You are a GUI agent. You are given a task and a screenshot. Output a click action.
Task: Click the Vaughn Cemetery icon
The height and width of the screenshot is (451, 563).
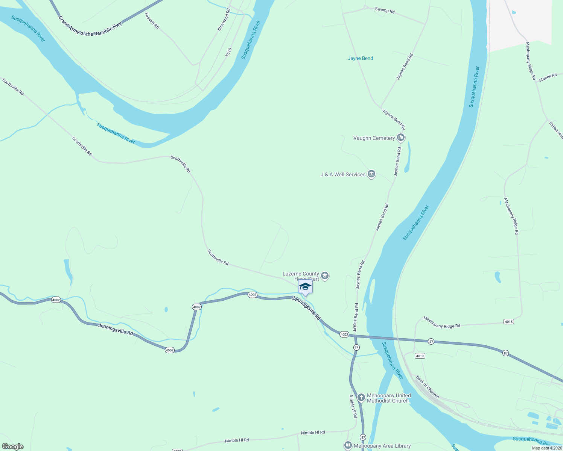401,138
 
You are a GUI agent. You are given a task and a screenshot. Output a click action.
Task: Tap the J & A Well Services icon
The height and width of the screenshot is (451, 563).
371,174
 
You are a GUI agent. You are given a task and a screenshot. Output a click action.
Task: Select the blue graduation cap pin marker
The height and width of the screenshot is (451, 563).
305,287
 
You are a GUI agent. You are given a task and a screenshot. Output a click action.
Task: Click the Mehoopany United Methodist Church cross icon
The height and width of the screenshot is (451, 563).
361,398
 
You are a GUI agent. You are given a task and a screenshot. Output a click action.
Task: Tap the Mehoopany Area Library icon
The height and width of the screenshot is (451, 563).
348,446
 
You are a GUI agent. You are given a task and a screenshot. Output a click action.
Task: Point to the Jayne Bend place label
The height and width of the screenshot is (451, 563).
360,58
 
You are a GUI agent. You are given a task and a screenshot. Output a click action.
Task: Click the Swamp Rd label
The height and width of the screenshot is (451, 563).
385,10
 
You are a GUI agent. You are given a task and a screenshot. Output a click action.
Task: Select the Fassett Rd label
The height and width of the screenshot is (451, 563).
152,21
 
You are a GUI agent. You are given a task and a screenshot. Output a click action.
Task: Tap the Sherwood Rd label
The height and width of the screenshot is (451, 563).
224,20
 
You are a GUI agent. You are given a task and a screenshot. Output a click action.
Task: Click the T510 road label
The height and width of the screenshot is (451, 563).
228,52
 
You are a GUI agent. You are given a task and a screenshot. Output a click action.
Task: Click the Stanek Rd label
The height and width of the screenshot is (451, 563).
548,78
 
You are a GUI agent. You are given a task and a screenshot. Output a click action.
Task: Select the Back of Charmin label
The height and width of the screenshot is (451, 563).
428,387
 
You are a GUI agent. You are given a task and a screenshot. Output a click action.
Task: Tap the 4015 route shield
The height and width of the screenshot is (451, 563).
508,322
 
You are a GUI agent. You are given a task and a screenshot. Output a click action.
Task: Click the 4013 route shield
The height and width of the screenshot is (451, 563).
420,356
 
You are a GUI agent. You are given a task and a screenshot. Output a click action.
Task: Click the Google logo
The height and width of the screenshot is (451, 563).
12,446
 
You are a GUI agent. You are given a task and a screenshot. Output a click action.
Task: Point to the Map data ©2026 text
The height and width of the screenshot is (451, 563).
547,448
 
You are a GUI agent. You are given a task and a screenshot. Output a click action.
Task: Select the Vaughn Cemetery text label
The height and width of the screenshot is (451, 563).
374,138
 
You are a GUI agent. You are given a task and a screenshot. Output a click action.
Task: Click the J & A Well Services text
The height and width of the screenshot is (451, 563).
343,174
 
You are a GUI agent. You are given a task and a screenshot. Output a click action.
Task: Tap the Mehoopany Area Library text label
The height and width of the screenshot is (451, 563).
382,446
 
